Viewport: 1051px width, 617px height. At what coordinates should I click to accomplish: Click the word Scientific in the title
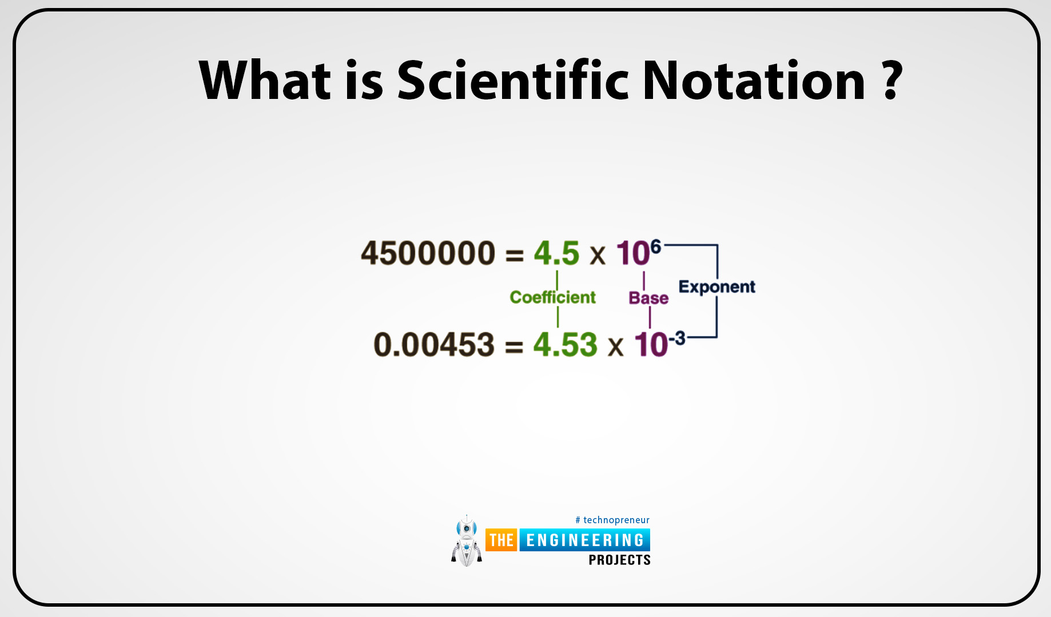(x=513, y=81)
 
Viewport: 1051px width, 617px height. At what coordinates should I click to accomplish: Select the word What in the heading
(x=265, y=81)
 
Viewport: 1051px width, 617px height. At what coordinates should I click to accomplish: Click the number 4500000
(x=428, y=253)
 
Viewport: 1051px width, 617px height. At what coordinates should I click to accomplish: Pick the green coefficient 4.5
(x=556, y=253)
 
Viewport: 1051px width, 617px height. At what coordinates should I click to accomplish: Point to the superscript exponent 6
(x=655, y=247)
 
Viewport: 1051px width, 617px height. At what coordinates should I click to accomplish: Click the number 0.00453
(x=433, y=345)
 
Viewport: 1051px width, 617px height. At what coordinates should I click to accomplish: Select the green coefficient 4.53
(x=565, y=345)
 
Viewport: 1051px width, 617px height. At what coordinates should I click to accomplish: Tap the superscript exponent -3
(x=677, y=339)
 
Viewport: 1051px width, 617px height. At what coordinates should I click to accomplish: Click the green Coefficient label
(x=552, y=297)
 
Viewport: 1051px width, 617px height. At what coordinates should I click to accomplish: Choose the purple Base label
(x=648, y=298)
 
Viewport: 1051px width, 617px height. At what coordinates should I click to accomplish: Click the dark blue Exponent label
(x=716, y=286)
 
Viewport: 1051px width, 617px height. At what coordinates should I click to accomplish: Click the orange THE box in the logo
(x=501, y=540)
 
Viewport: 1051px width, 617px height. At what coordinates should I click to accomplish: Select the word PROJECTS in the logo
(x=619, y=560)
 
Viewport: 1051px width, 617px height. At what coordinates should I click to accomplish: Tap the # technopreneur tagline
(x=612, y=520)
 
